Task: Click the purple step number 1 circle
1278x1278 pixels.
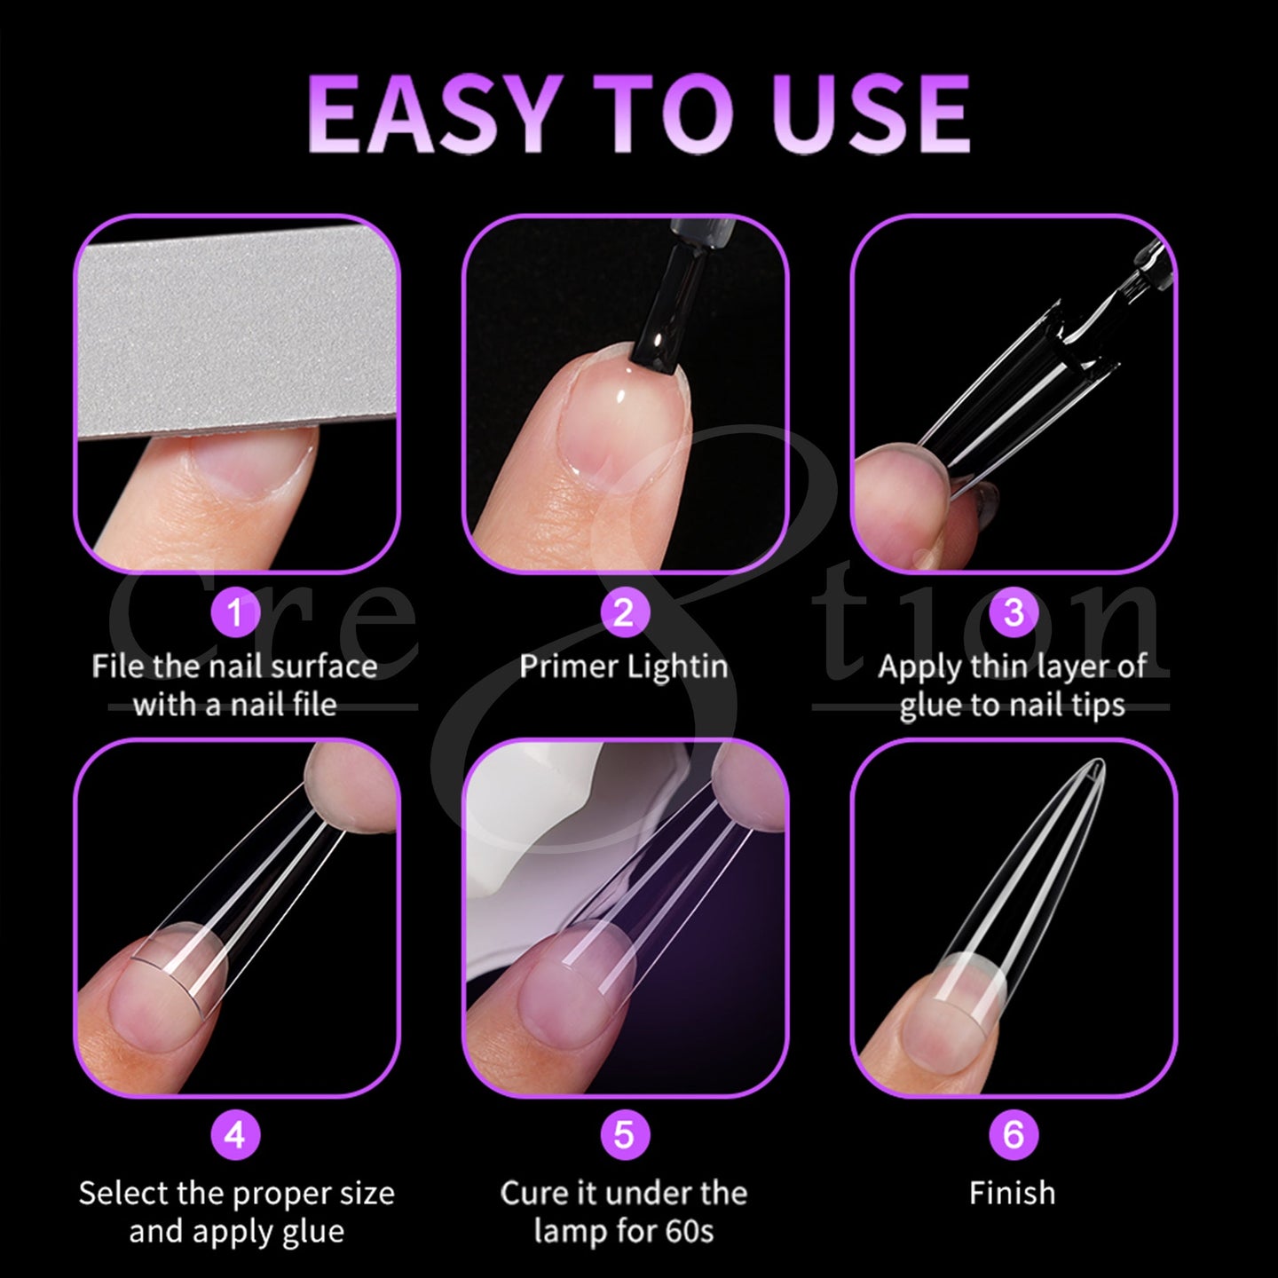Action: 235,612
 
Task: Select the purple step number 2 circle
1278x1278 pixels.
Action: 623,612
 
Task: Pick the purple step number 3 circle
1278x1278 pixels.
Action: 1013,612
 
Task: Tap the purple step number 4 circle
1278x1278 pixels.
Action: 235,1135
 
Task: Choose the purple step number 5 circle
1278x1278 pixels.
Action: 623,1135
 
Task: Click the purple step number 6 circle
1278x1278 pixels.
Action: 1013,1135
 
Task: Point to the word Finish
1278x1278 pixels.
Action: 1012,1193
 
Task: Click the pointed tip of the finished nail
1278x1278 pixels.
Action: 1100,762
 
